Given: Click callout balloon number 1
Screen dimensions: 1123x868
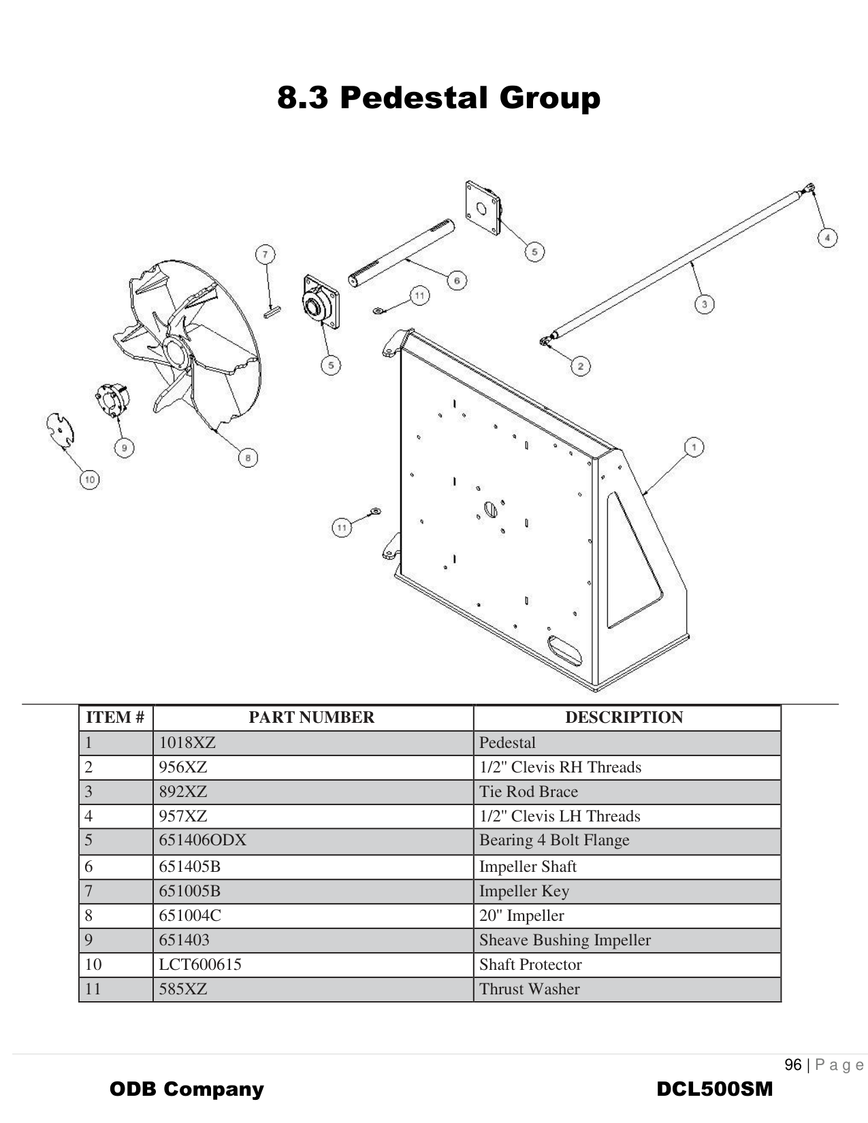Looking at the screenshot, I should [x=693, y=447].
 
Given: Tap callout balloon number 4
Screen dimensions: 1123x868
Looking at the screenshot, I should [x=826, y=238].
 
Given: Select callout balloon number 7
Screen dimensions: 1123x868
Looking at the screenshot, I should [x=265, y=255].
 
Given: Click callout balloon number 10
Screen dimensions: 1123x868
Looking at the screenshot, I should [x=89, y=480].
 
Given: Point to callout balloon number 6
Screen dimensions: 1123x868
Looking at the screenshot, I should [x=457, y=280].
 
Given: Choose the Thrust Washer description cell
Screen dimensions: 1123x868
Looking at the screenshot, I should [x=530, y=989].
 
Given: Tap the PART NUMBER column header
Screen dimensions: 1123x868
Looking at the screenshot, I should [x=311, y=717].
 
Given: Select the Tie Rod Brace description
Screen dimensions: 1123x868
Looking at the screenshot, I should [x=528, y=792].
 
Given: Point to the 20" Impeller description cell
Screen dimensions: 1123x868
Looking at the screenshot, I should [x=521, y=915].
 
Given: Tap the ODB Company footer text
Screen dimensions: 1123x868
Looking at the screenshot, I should [x=187, y=1089].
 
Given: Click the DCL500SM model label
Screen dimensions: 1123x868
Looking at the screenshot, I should [x=714, y=1089].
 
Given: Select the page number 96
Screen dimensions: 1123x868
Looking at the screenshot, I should [x=792, y=1065].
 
